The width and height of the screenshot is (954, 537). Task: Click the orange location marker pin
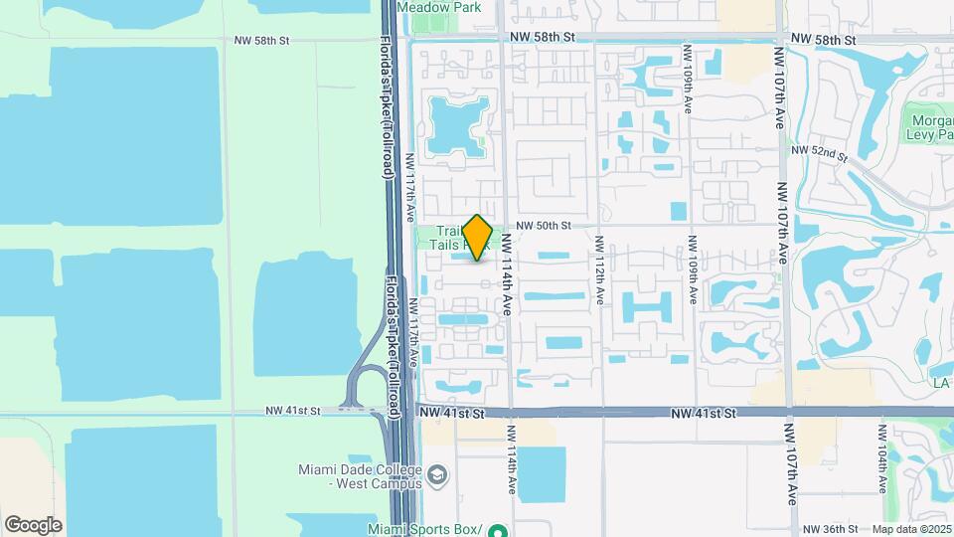coord(478,238)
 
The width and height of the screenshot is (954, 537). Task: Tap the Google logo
coord(33,524)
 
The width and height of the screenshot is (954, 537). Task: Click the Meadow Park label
coord(438,7)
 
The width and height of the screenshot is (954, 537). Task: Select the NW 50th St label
coord(544,226)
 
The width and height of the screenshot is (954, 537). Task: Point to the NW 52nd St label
coord(819,153)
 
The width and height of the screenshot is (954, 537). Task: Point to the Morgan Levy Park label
coord(931,128)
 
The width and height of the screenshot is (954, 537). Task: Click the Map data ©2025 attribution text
coord(911,529)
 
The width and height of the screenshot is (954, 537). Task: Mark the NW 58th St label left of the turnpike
coord(261,41)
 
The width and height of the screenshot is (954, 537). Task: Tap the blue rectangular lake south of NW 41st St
coord(542,474)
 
